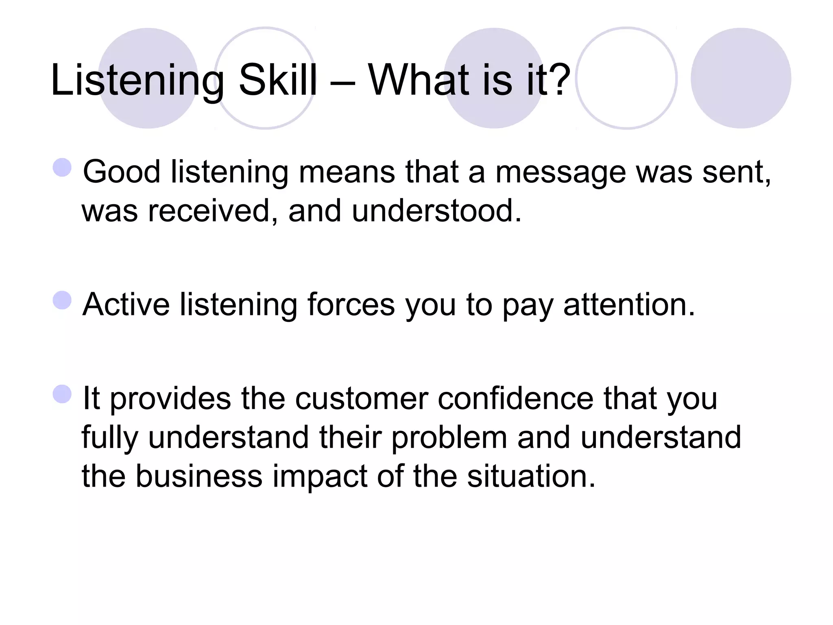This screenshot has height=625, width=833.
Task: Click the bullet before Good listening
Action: pyautogui.click(x=62, y=168)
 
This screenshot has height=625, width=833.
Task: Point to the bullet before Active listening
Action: pyautogui.click(x=62, y=300)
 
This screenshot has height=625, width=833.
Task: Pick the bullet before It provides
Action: pyautogui.click(x=62, y=394)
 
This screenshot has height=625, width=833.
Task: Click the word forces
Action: pyautogui.click(x=351, y=304)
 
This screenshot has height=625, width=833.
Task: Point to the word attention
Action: pyautogui.click(x=629, y=304)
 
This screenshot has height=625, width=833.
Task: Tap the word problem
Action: pyautogui.click(x=449, y=438)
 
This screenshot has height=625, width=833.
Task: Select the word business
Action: pyautogui.click(x=199, y=476)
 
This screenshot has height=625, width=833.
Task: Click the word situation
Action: pyautogui.click(x=531, y=476)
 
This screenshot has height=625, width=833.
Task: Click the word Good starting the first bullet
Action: pyautogui.click(x=122, y=172)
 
